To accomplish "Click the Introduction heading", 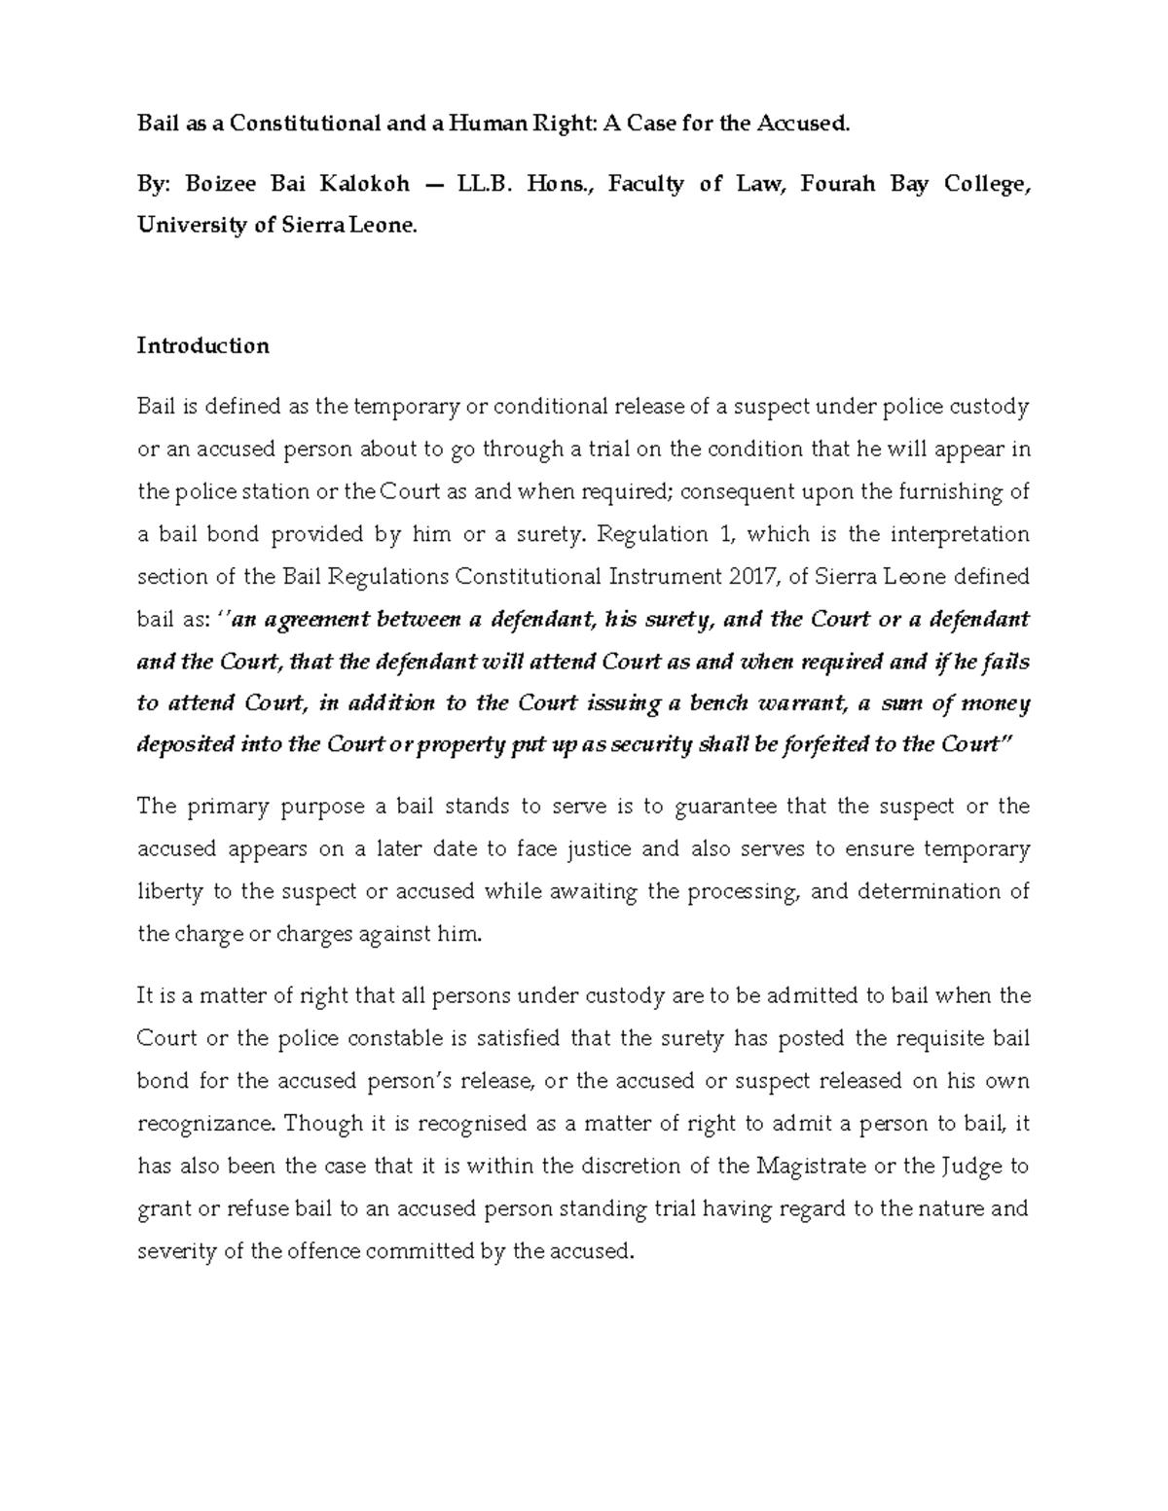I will [202, 345].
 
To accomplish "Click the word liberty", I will [165, 891].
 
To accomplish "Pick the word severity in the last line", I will [175, 1251].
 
